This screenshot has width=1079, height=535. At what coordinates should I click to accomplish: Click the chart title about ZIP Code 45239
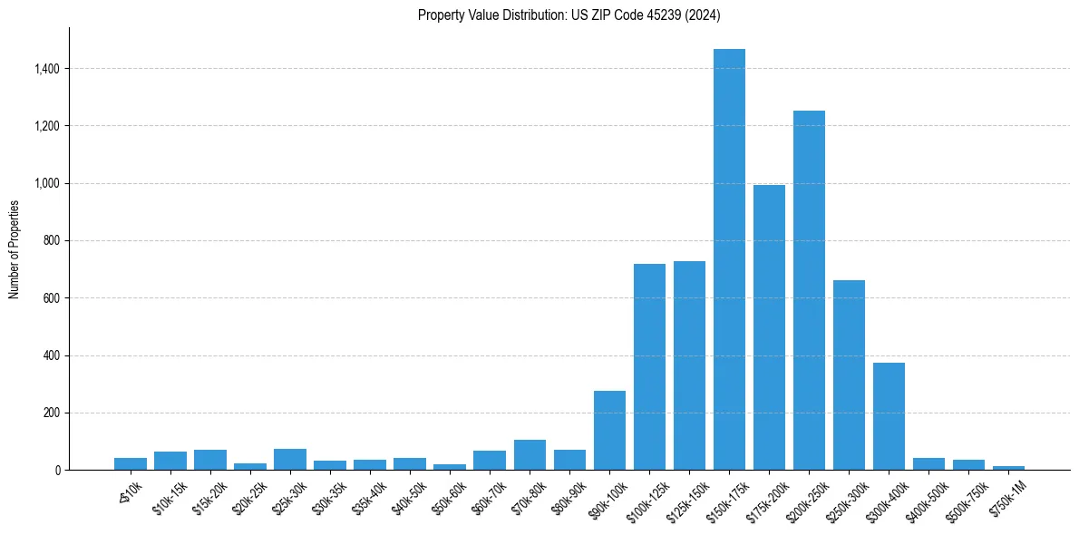569,15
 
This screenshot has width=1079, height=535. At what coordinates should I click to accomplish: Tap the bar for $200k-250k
809,290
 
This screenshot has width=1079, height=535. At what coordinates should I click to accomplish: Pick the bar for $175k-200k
769,327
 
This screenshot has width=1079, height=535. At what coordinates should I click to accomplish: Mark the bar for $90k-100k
609,430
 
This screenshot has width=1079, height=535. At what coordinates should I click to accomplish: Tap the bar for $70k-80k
530,454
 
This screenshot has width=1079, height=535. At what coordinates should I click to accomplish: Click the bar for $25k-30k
290,459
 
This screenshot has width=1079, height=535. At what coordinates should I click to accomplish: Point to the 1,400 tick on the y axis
48,69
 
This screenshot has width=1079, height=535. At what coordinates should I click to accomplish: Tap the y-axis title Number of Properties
15,248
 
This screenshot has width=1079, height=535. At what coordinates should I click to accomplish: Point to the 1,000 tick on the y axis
48,184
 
